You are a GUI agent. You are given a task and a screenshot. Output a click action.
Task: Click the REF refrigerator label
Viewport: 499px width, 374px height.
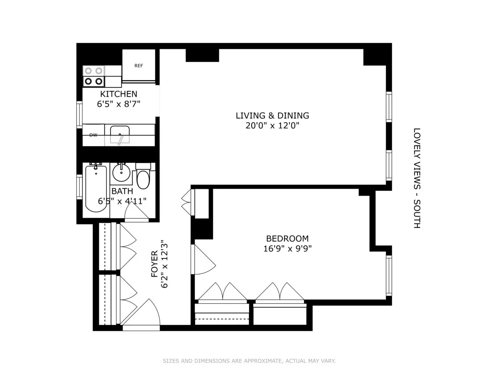138,66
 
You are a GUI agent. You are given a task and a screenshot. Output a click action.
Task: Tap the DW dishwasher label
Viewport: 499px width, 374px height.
93,135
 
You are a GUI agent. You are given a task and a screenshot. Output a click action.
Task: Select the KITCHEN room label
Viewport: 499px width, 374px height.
119,94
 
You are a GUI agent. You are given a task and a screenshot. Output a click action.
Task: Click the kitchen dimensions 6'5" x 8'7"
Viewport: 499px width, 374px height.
119,104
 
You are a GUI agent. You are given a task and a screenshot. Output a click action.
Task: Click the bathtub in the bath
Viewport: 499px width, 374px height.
96,188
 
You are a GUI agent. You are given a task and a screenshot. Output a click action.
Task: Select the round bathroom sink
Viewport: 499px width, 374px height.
121,173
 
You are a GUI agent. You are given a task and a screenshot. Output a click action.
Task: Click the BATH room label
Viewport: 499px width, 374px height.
122,191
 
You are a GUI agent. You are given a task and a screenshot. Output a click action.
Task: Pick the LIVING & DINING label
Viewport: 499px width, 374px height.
272,116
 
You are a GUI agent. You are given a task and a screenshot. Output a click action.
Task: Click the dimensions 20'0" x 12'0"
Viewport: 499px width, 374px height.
272,125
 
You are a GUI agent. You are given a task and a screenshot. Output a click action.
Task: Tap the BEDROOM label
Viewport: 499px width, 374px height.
287,239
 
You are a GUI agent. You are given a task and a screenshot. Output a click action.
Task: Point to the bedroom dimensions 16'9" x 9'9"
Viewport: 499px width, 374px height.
287,249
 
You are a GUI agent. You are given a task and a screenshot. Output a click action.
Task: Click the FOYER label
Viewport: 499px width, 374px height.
155,264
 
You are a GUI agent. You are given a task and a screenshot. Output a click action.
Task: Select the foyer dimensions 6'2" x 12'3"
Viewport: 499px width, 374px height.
164,264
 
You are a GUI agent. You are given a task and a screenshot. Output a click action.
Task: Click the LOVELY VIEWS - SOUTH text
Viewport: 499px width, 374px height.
417,178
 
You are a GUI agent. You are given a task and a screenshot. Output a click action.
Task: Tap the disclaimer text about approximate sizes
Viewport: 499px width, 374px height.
249,361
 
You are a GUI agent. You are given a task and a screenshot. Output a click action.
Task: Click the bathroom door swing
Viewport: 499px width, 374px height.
136,212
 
